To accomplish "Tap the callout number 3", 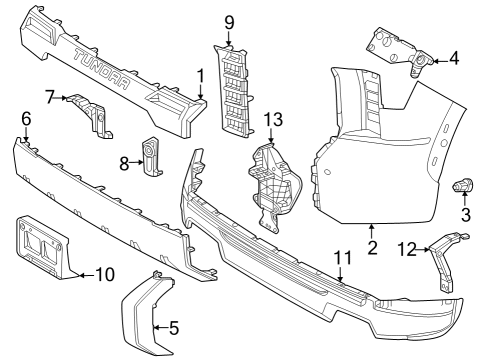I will [465, 215].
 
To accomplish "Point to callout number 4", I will [454, 58].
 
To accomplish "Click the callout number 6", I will [26, 119].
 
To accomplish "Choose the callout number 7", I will [50, 96].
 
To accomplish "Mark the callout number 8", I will [126, 162].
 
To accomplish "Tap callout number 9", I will [228, 22].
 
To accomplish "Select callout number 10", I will [106, 273].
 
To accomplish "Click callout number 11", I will [343, 257].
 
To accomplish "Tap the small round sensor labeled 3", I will [463, 185].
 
